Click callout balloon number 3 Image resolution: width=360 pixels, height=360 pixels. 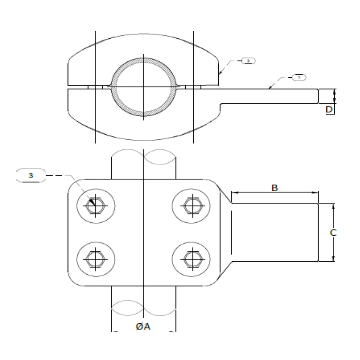click(31, 175)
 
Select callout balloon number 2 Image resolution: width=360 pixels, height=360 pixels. click(248, 61)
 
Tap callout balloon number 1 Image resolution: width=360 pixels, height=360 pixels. click(299, 77)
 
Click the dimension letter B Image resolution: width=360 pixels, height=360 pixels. click(274, 188)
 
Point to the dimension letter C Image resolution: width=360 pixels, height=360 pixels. click(333, 232)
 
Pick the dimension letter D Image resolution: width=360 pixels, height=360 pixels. click(329, 109)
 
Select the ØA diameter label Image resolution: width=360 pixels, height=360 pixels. click(143, 327)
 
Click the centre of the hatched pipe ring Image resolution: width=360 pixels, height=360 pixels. click(143, 87)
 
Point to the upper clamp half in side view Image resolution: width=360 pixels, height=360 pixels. click(87, 67)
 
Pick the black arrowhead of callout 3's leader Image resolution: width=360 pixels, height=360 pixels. click(93, 202)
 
